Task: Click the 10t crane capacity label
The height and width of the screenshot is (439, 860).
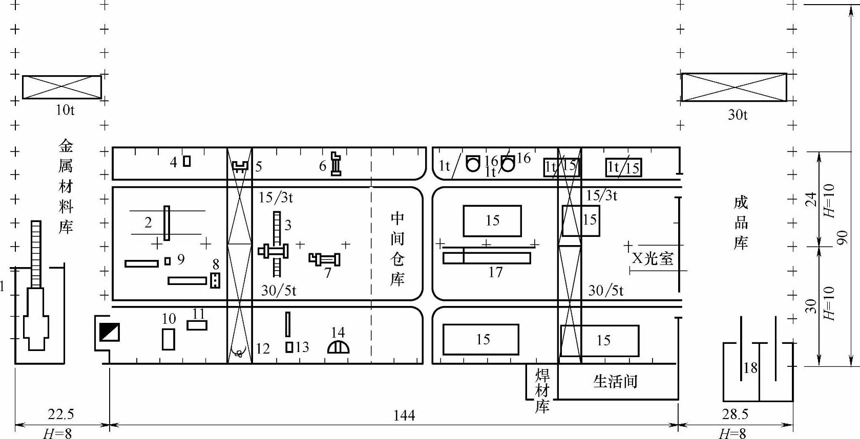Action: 65,110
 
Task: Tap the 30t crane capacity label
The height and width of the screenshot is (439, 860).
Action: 737,115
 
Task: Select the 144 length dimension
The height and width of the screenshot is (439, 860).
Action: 404,415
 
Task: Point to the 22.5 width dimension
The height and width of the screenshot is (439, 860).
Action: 61,414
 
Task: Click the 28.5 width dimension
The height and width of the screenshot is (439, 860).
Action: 735,414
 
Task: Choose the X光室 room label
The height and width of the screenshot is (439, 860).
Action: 653,258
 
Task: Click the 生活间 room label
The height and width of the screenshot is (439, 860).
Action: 615,381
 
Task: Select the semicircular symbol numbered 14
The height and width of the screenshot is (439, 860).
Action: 338,347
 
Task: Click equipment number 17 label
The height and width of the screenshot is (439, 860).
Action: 495,272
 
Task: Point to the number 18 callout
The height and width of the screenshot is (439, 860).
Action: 750,367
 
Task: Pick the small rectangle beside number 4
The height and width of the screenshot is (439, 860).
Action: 187,161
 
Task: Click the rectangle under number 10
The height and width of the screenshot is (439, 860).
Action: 168,339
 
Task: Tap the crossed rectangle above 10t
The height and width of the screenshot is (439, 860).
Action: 61,87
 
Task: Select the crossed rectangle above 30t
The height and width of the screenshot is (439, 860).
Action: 733,87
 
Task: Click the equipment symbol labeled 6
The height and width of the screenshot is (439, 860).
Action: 336,164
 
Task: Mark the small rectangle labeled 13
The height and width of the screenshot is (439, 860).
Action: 289,347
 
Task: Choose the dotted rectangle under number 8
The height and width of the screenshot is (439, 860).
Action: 215,280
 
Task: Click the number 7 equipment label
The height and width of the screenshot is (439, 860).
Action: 328,273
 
